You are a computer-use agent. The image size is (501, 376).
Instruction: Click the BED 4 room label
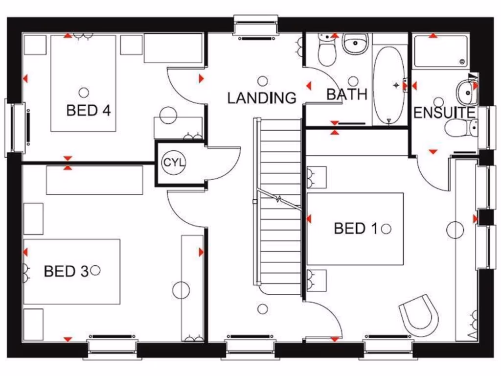point(89,110)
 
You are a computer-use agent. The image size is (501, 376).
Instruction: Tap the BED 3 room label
point(66,271)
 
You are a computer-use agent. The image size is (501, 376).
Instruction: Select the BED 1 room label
point(356,228)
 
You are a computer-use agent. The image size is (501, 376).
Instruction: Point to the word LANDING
point(262,98)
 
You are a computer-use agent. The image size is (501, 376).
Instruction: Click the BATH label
point(347,94)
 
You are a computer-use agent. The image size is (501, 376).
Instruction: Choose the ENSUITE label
point(444,113)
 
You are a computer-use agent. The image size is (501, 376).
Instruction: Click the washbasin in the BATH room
point(355,45)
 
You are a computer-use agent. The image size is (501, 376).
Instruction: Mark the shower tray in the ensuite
point(440,51)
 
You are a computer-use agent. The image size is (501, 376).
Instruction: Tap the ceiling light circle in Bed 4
point(84,92)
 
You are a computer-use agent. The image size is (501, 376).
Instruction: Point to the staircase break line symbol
point(278,199)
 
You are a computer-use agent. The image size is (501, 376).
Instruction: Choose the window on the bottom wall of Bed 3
point(113,347)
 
